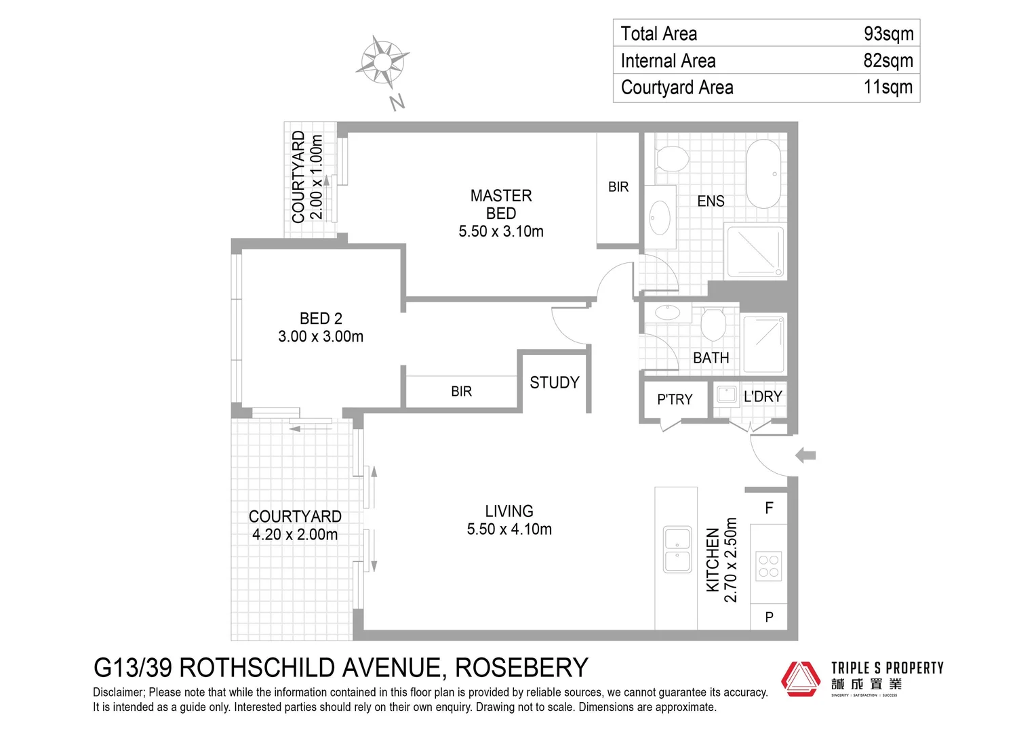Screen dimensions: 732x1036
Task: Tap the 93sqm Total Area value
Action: [888, 33]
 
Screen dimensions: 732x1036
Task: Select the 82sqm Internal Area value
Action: [888, 60]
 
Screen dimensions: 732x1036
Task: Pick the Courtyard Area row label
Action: [677, 87]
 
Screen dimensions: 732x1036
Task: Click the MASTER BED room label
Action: [501, 205]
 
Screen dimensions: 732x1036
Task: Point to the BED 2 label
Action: [321, 319]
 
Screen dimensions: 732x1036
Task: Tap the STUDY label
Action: [554, 383]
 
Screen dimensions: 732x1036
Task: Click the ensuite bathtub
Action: [764, 174]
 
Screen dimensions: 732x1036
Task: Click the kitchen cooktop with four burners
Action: [769, 567]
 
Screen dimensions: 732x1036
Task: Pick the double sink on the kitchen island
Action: [677, 550]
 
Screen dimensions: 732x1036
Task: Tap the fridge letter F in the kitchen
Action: [769, 508]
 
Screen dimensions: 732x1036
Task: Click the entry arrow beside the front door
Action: [805, 455]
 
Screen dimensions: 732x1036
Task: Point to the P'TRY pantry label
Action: [675, 400]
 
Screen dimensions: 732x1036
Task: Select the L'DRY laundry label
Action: [763, 396]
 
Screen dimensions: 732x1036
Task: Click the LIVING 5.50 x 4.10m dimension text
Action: [509, 529]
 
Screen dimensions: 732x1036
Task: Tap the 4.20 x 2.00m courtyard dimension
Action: [295, 535]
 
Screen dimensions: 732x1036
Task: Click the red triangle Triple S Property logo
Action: [801, 678]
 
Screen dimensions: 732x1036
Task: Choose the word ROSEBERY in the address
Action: [521, 668]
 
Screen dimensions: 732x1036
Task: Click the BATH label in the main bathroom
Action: [711, 358]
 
